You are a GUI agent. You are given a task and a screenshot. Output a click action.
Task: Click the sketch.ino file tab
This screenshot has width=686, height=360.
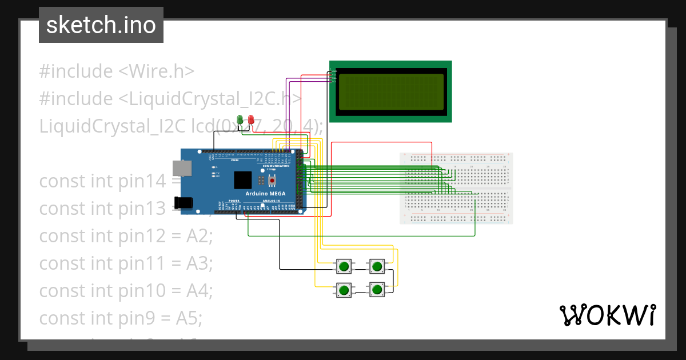[x=101, y=25]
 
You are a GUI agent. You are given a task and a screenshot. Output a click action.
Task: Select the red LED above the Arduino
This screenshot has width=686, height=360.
[x=250, y=120]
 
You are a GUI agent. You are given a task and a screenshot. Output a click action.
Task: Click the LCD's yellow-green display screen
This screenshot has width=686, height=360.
[x=391, y=91]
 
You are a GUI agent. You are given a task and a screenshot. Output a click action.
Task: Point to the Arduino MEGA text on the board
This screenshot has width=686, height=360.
[x=265, y=194]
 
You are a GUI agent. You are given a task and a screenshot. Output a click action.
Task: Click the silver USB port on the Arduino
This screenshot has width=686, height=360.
[x=182, y=167]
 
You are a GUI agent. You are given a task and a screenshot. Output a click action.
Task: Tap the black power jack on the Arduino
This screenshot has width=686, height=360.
[x=183, y=203]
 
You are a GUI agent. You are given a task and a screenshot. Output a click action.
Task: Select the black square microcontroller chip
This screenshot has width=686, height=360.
[x=243, y=180]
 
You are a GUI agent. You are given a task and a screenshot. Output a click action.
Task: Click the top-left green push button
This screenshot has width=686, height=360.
[x=344, y=266]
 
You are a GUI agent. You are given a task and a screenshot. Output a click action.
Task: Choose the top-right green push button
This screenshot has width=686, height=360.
[x=376, y=266]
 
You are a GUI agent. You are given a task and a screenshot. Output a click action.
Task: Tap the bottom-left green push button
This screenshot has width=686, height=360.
[x=344, y=290]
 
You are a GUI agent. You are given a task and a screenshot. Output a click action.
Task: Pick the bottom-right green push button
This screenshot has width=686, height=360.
[x=376, y=290]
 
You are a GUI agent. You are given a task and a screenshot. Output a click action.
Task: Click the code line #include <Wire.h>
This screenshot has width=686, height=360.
[x=117, y=71]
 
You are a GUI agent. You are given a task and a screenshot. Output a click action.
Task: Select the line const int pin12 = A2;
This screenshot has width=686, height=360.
[x=126, y=236]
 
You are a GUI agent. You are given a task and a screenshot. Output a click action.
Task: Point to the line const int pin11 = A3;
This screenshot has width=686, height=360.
[x=126, y=263]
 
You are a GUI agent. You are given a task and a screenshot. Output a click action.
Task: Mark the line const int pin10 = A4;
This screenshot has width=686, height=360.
[x=126, y=291]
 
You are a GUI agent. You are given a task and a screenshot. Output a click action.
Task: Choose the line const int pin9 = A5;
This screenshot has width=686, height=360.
[x=121, y=318]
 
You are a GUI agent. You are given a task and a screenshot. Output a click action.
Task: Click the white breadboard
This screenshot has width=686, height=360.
[x=456, y=189]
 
